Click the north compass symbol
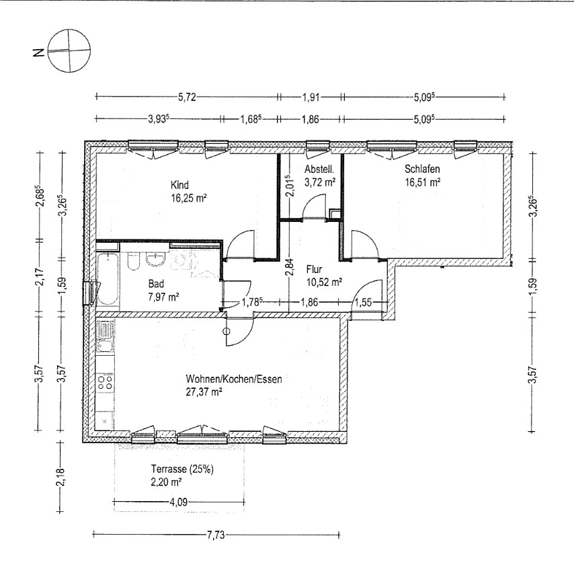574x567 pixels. [x=69, y=50]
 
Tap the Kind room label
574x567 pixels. [x=179, y=184]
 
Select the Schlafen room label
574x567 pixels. [x=422, y=169]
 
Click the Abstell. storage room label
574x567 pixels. [x=319, y=169]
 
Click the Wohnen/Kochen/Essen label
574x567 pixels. [x=234, y=379]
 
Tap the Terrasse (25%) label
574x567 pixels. [x=182, y=469]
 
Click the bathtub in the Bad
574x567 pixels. [x=108, y=278]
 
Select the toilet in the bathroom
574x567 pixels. [x=133, y=261]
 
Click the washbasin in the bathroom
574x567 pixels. [x=157, y=260]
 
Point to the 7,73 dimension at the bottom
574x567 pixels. [x=216, y=535]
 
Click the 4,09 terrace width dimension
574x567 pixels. [x=178, y=502]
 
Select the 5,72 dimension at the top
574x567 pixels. [x=187, y=97]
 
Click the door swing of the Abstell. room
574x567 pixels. [x=314, y=207]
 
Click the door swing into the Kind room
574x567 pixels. [x=240, y=244]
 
